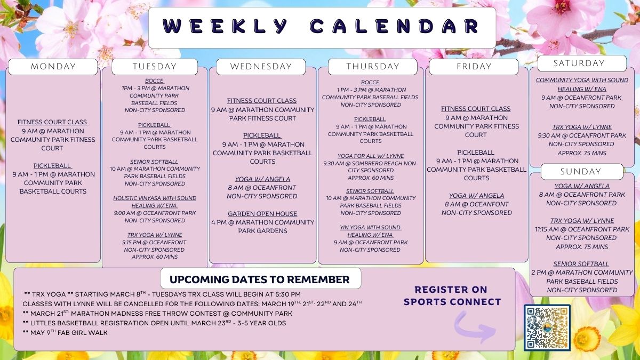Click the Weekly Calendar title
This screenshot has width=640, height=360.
point(322,26)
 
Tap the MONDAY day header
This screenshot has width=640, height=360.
point(53,67)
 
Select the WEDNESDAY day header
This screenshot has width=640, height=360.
point(261,67)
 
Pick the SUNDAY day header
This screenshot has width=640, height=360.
point(582,171)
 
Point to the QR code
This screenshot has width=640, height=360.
point(547,327)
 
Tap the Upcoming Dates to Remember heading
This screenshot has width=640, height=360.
point(259,279)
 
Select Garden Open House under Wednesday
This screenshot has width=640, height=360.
point(262,214)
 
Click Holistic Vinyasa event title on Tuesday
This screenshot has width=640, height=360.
point(155,202)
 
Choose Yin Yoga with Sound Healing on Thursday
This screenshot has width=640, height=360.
point(370,231)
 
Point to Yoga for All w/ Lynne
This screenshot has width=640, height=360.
point(371,156)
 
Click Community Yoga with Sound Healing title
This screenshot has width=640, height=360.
point(582,85)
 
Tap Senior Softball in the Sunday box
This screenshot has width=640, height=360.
point(581,264)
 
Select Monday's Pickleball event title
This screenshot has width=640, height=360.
point(52,166)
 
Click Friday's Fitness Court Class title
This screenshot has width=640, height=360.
point(476,109)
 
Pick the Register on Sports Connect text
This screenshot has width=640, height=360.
point(452,295)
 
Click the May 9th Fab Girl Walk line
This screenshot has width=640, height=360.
point(65,333)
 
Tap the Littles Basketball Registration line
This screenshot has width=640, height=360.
point(154,323)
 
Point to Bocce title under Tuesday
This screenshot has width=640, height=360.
point(154,81)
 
